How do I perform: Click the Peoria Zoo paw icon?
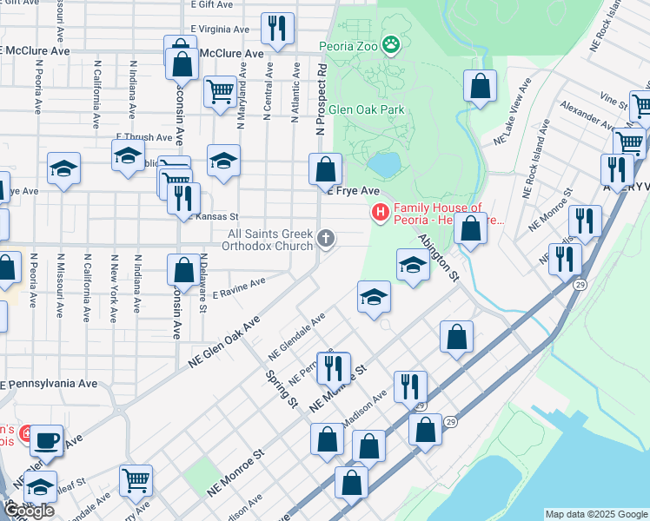point(393,43)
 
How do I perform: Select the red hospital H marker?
point(380,212)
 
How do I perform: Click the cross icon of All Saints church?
point(326,238)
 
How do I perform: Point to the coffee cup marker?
point(47,439)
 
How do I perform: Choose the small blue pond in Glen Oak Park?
point(383,163)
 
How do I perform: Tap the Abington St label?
point(438,257)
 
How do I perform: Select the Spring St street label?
point(282,391)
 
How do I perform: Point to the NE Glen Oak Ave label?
point(224,341)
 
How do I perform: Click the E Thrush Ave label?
point(143,137)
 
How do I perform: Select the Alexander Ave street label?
point(587,116)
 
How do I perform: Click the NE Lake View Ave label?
point(512,113)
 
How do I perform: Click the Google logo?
point(28,511)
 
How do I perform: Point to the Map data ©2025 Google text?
point(596,514)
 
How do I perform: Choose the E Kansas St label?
point(215,216)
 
